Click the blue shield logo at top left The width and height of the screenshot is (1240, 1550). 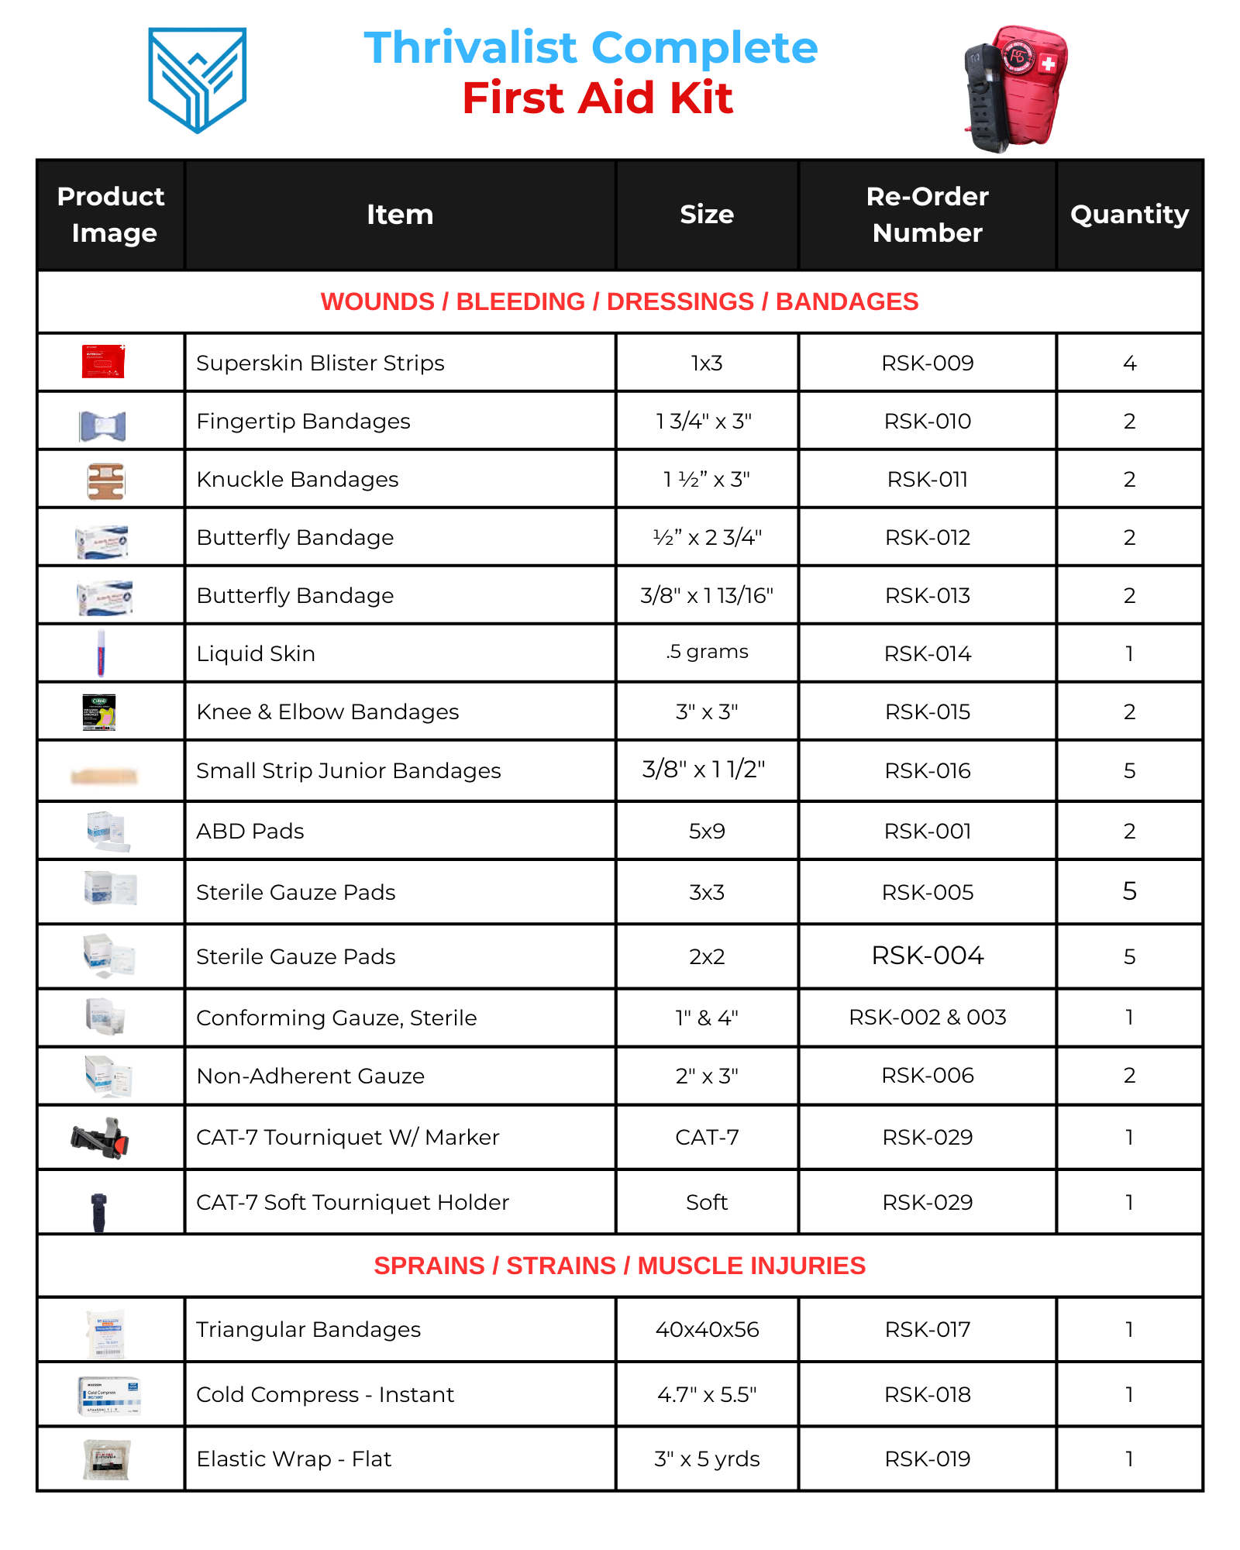pos(198,79)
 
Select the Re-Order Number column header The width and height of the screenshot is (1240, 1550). pos(927,215)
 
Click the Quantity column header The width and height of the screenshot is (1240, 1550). pos(1129,215)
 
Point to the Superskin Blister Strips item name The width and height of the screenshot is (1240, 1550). pos(320,363)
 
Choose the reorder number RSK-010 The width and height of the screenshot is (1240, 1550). pos(927,421)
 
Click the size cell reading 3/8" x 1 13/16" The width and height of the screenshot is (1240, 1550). pos(707,595)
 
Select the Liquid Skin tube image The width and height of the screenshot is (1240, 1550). pos(101,653)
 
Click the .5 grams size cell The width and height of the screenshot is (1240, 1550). pos(707,652)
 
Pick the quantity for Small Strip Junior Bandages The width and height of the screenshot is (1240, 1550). pos(1129,770)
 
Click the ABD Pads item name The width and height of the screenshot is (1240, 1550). pos(250,831)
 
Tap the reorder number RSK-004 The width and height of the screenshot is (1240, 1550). pos(927,956)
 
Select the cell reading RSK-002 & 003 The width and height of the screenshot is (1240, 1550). pos(927,1017)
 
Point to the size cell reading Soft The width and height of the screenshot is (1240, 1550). pos(707,1202)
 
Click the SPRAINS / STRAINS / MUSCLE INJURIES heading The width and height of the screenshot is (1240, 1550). pos(619,1266)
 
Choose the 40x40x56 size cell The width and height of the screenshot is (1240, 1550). pos(707,1329)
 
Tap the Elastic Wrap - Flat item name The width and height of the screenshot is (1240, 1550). pos(294,1459)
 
